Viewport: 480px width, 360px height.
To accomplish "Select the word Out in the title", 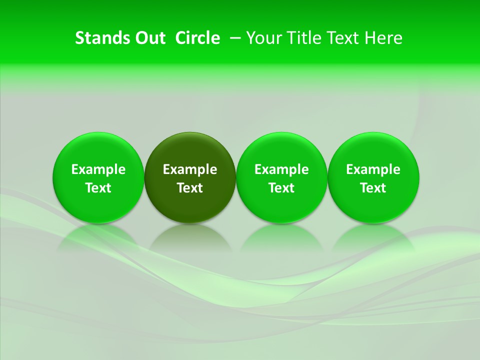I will [x=148, y=38].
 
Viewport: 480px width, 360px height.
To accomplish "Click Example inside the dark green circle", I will [x=190, y=169].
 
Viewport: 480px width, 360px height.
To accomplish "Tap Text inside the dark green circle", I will [x=190, y=188].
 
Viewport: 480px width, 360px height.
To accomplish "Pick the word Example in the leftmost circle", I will [x=98, y=169].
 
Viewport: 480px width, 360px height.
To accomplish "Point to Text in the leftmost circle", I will [x=98, y=188].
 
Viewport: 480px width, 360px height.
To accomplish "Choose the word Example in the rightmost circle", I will [x=373, y=169].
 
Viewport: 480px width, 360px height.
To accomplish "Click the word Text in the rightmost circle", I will [x=373, y=188].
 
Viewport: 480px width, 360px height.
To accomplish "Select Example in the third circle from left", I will [x=282, y=169].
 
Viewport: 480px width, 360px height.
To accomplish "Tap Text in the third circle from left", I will [x=282, y=188].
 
